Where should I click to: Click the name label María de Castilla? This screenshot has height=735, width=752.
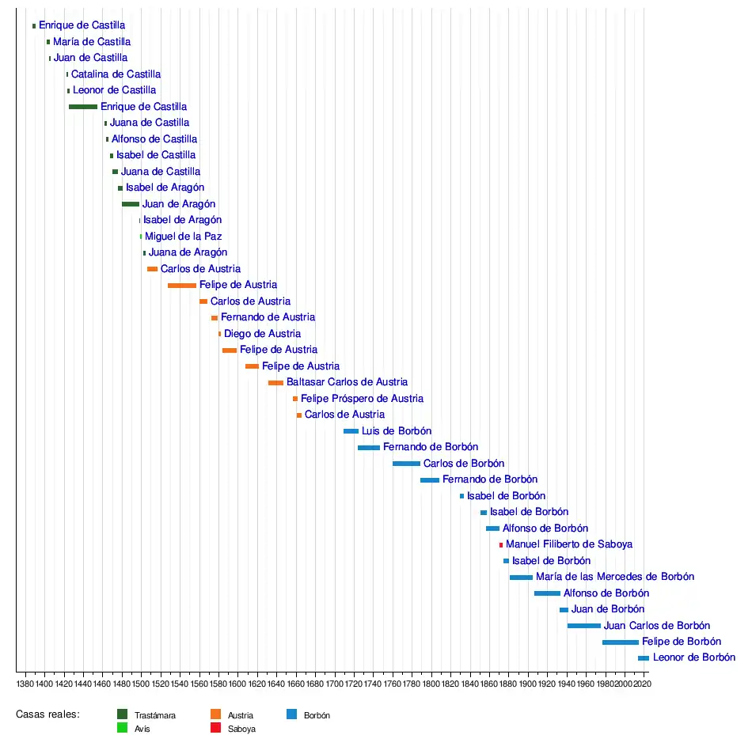92,42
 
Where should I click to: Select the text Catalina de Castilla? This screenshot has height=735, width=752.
116,74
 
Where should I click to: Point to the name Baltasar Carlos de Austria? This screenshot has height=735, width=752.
347,382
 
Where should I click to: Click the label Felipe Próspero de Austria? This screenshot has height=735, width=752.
362,399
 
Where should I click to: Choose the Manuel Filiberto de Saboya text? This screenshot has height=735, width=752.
568,544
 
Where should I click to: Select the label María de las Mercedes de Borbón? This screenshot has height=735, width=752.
614,577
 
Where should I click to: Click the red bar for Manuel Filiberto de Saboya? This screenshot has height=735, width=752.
501,545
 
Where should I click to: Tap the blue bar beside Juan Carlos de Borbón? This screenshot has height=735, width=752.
583,626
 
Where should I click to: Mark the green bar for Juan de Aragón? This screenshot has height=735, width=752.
131,204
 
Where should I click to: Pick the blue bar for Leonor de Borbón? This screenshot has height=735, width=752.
643,658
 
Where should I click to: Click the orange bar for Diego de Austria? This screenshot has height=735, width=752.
220,334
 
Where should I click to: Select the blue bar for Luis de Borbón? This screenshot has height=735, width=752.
351,431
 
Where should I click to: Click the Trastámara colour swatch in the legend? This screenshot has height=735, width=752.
122,714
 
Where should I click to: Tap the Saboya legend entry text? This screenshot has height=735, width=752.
241,729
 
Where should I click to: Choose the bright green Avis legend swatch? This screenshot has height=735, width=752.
122,728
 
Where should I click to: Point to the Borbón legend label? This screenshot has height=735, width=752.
317,715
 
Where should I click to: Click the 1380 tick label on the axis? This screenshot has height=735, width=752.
25,683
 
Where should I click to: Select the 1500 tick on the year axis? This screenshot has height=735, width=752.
141,683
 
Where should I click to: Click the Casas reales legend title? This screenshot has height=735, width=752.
47,714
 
